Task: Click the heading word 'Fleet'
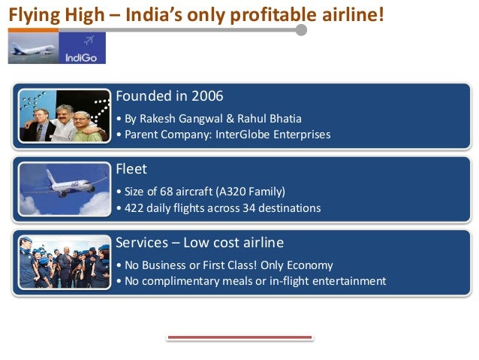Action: point(131,168)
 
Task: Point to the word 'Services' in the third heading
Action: point(141,242)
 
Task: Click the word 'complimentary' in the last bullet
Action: point(180,281)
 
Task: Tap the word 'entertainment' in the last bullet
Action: point(348,281)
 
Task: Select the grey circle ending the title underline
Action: point(301,29)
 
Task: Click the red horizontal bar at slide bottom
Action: point(239,338)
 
